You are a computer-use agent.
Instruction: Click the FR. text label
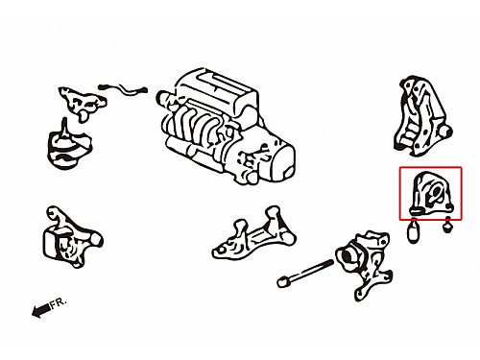(59, 302)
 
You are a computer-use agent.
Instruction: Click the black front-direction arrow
(41, 310)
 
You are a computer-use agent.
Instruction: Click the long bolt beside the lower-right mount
(305, 273)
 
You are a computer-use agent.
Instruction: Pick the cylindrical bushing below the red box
(413, 231)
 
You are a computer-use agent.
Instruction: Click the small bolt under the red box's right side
(447, 226)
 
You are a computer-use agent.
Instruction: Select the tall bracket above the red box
(421, 117)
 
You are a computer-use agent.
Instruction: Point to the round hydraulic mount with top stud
(69, 145)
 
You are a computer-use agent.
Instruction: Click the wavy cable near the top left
(123, 89)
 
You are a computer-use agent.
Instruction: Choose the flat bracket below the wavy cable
(83, 103)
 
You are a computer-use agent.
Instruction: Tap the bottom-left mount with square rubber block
(71, 237)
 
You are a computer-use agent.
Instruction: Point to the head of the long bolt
(282, 282)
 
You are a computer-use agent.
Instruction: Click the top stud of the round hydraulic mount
(64, 126)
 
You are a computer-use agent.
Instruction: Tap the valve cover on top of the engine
(215, 88)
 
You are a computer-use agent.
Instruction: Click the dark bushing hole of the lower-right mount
(348, 256)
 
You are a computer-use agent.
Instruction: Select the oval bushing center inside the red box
(436, 191)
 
